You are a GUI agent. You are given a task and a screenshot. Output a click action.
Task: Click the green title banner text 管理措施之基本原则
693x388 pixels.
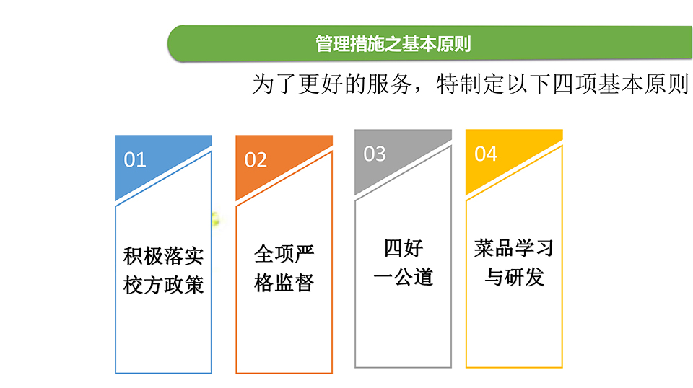(393, 44)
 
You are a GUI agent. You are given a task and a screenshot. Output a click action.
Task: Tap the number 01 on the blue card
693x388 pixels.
(135, 160)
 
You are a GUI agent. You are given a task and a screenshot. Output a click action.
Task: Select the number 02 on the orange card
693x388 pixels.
(256, 160)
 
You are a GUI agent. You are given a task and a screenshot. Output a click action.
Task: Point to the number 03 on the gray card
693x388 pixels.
(375, 154)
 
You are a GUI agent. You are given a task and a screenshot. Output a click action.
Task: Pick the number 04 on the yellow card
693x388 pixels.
(486, 154)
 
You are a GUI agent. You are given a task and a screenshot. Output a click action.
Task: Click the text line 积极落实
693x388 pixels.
(164, 256)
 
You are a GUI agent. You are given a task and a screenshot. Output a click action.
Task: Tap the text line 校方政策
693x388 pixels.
(164, 285)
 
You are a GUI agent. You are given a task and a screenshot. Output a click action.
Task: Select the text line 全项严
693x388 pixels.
(284, 253)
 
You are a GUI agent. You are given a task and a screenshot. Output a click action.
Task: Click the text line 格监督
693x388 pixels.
(284, 282)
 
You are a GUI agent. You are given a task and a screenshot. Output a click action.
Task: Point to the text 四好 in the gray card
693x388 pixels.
(404, 248)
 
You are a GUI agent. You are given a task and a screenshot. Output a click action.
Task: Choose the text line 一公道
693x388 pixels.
(404, 277)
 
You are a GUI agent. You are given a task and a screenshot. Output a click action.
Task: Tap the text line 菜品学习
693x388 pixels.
(514, 248)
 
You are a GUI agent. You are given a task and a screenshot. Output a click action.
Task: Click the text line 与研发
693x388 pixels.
(514, 277)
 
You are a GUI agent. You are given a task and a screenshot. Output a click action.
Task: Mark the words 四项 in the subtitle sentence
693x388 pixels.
(575, 84)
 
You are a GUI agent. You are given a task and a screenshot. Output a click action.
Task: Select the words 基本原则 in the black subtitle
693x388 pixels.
(643, 84)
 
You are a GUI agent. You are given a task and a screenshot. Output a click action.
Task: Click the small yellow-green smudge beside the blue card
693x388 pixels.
(216, 219)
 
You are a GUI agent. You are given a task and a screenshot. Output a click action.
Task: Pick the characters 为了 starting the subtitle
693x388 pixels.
(274, 84)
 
